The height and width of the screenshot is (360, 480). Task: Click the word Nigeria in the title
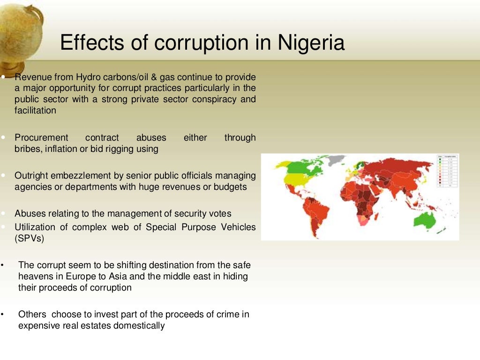coord(311,43)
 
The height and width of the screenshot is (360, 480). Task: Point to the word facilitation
coord(35,111)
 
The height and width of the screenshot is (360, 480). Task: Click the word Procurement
coord(41,138)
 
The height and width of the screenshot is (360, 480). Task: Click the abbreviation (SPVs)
coord(29,238)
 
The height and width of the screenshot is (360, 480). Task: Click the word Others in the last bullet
coord(32,315)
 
